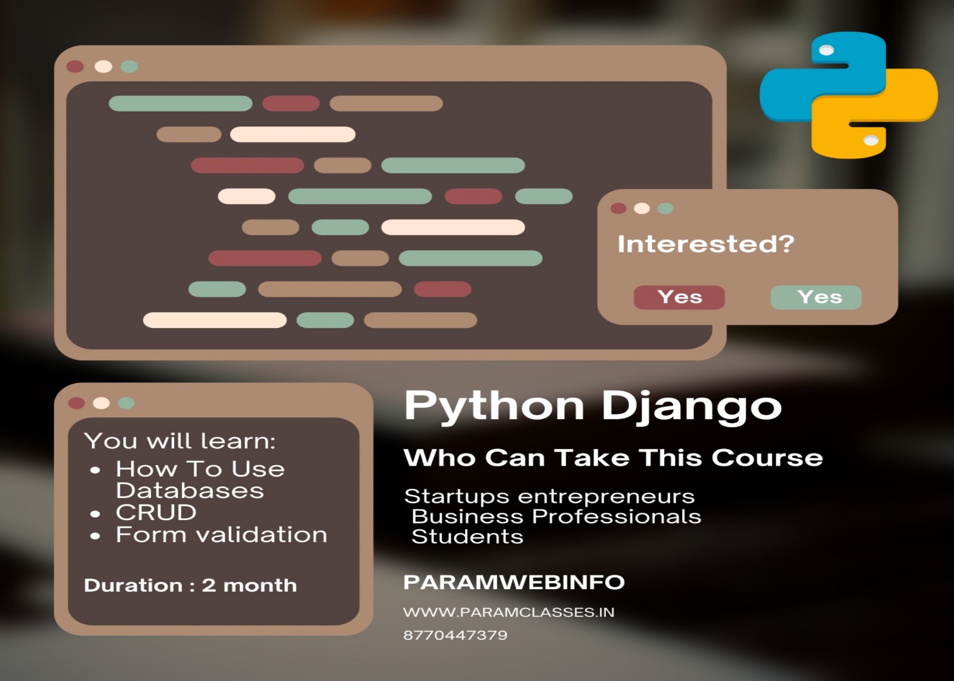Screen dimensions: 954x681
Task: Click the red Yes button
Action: [x=679, y=298]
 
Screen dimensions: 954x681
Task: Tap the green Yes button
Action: [x=816, y=298]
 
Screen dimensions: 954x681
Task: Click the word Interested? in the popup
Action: [x=706, y=244]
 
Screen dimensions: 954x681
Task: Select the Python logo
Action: [x=848, y=95]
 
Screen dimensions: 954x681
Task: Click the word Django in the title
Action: [x=691, y=407]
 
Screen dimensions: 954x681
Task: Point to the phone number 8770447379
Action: [x=456, y=636]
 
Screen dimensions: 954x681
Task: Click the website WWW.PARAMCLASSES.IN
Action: [x=509, y=612]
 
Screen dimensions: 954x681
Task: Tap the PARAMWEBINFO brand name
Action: [x=513, y=582]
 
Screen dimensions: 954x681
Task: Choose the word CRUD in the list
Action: [x=156, y=512]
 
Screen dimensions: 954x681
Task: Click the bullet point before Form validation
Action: [x=95, y=536]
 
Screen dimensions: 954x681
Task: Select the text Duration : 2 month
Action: [x=190, y=585]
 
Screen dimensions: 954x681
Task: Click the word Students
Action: [x=467, y=537]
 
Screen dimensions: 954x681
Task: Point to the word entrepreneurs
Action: [x=606, y=497]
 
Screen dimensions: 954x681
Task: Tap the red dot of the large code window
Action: [x=75, y=66]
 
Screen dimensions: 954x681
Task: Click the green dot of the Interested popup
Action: [x=665, y=208]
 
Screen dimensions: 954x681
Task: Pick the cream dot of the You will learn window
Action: [x=101, y=403]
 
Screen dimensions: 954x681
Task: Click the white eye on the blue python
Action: [x=826, y=50]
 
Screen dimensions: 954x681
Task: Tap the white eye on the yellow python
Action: [x=871, y=140]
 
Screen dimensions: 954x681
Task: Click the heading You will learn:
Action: [x=180, y=441]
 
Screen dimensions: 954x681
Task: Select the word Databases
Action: [x=190, y=491]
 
